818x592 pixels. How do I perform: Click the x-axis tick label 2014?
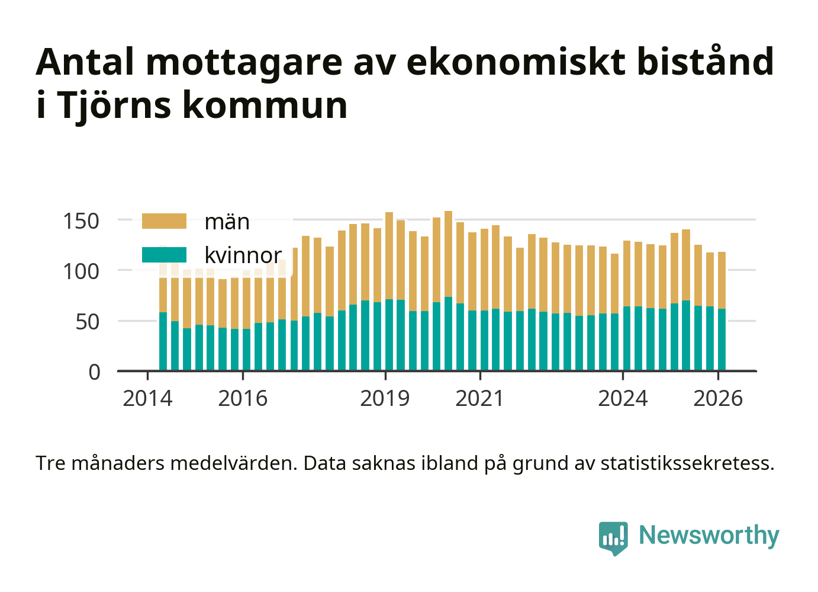coord(147,399)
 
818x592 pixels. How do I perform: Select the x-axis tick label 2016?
coord(243,399)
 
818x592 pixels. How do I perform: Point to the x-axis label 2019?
coord(385,399)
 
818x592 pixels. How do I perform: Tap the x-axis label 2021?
coord(479,399)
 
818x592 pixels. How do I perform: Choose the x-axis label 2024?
coord(623,399)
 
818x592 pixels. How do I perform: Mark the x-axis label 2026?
coord(717,399)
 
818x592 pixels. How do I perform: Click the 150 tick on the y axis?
coord(81,222)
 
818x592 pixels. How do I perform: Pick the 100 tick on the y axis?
coord(81,272)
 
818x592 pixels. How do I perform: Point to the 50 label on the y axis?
coord(88,322)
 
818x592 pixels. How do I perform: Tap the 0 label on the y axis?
coord(95,373)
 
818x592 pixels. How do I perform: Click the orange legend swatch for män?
coord(164,222)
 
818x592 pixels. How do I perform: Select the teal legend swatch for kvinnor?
coord(164,255)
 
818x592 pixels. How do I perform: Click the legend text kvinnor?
coord(243,255)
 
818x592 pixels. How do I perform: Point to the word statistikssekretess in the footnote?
coord(687,463)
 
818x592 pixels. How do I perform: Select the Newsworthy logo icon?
coord(613,537)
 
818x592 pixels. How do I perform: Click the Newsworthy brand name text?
coord(708,535)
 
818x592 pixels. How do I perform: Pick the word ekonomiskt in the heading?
coord(516,62)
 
